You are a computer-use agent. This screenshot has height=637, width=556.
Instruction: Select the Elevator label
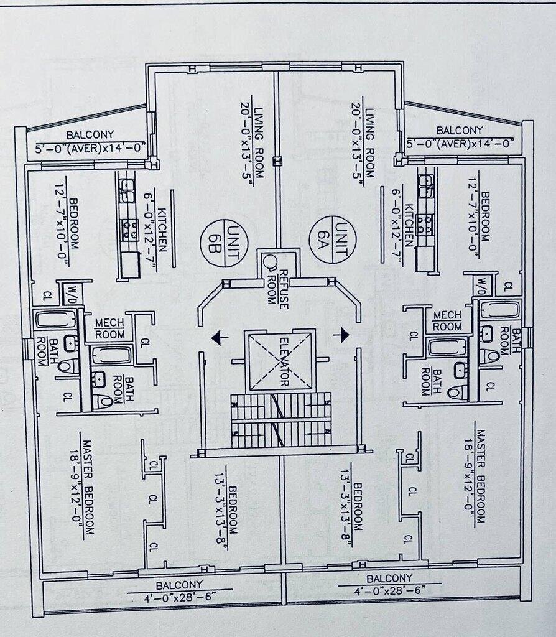point(284,361)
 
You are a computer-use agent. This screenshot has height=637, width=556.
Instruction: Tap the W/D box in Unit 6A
point(482,286)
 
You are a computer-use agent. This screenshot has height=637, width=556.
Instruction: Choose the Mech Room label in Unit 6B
point(109,328)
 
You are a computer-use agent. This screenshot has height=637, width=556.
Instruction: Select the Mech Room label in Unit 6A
point(447,321)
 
